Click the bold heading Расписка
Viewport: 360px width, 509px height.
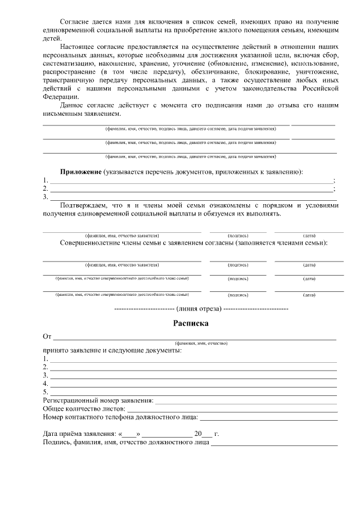click(x=190, y=323)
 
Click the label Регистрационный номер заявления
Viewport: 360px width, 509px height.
click(x=98, y=400)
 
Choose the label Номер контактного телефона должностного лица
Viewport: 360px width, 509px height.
click(x=120, y=418)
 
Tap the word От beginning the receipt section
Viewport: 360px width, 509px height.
click(x=47, y=336)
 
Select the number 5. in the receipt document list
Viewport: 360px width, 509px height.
click(x=46, y=391)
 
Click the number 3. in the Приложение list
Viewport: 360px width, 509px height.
click(x=46, y=197)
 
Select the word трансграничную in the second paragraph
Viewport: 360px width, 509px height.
click(x=70, y=80)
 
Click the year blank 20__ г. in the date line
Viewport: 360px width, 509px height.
click(x=204, y=434)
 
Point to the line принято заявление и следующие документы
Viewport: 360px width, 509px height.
click(x=112, y=350)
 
